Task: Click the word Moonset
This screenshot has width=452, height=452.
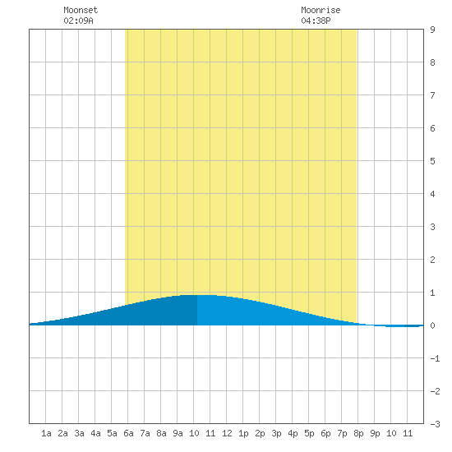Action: click(81, 10)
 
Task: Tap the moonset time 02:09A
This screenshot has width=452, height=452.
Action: click(78, 21)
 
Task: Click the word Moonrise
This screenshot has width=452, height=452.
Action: click(321, 10)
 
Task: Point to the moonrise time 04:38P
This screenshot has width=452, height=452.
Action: click(316, 21)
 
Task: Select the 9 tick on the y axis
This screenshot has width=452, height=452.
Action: click(432, 30)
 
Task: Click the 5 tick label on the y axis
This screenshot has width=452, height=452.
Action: click(432, 161)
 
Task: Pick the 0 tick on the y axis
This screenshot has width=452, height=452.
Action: click(432, 325)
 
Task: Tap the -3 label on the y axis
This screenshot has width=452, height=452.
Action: click(435, 424)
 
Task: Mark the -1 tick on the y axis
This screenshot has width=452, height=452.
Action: click(435, 358)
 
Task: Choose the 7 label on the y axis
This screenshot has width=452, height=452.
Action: click(432, 95)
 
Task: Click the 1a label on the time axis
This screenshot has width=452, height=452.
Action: click(46, 433)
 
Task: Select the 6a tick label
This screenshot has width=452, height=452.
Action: click(128, 433)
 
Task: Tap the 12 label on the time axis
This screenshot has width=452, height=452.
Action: click(227, 433)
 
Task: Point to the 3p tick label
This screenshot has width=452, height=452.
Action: click(276, 433)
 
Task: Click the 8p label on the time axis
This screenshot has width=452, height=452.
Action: click(358, 433)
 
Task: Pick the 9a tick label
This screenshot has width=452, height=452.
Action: click(178, 433)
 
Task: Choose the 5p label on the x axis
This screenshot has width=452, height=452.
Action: click(309, 433)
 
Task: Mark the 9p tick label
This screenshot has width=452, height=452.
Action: click(375, 433)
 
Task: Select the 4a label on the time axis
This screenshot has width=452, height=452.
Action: click(95, 433)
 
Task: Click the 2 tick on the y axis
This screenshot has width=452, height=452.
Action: click(432, 260)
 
